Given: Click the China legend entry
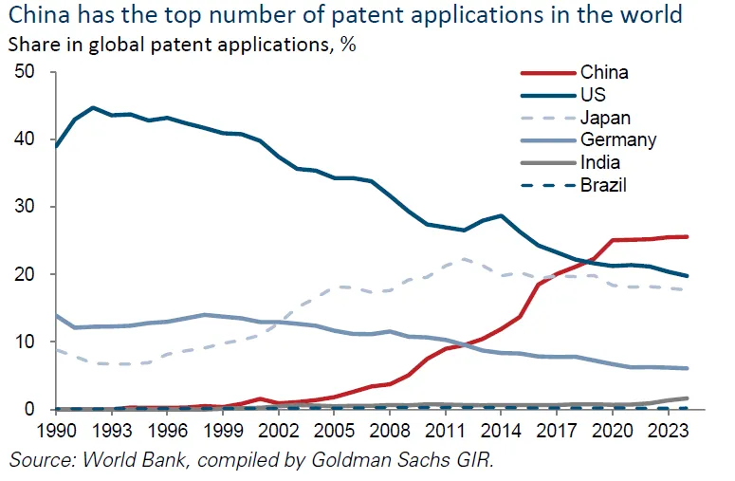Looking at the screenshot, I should coord(604,72).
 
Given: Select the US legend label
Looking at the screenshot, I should coord(593,95).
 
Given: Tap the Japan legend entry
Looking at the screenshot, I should coord(605,118).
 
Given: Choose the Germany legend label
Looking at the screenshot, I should coord(617,140).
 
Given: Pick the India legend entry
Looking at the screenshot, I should coord(599,163).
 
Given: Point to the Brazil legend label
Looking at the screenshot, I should coord(603,186).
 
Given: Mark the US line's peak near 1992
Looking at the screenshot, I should coord(92,107).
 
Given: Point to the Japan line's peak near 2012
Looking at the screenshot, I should coord(464,258).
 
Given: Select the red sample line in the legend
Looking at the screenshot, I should coord(547,72).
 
